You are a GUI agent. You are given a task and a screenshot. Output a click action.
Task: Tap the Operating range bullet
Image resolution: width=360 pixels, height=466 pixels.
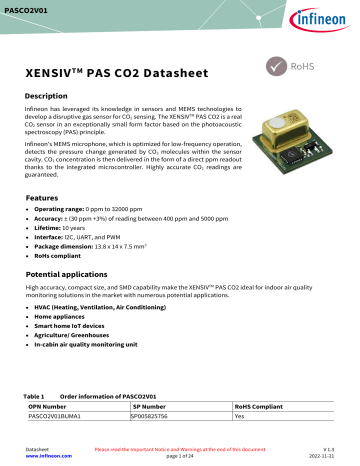(100, 213)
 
